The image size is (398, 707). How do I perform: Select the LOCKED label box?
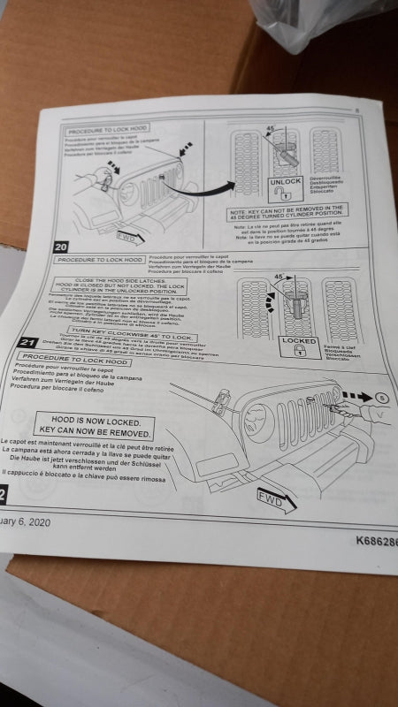(x=299, y=340)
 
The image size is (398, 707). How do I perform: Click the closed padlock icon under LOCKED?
(x=299, y=352)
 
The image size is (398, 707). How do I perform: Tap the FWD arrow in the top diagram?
(x=129, y=238)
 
